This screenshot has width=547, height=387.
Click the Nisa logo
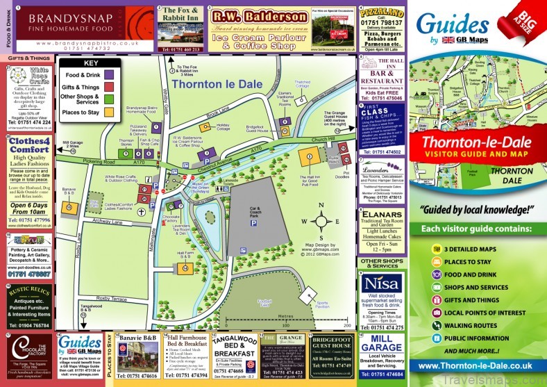click(x=381, y=285)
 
